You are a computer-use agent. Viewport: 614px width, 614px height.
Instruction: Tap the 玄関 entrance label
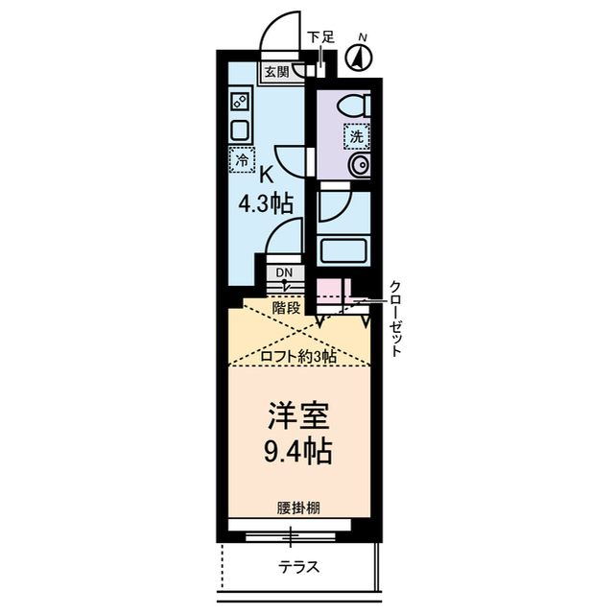(x=276, y=70)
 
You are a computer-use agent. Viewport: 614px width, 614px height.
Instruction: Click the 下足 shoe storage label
(x=320, y=38)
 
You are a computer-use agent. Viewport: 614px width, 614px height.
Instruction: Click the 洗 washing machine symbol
(x=357, y=135)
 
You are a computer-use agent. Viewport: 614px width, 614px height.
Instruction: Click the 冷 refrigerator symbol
(x=241, y=159)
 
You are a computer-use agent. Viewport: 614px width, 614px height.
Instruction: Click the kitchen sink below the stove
(x=240, y=130)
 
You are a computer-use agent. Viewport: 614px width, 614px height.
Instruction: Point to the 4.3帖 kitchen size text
(x=266, y=202)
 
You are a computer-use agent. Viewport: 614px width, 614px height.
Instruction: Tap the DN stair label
(x=284, y=273)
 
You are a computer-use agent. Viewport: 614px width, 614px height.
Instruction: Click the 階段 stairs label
(x=287, y=308)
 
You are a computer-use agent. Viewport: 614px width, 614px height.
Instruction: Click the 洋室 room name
(x=298, y=418)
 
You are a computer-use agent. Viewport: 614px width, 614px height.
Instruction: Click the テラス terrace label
(x=298, y=566)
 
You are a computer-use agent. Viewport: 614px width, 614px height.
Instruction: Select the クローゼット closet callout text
(x=395, y=318)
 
